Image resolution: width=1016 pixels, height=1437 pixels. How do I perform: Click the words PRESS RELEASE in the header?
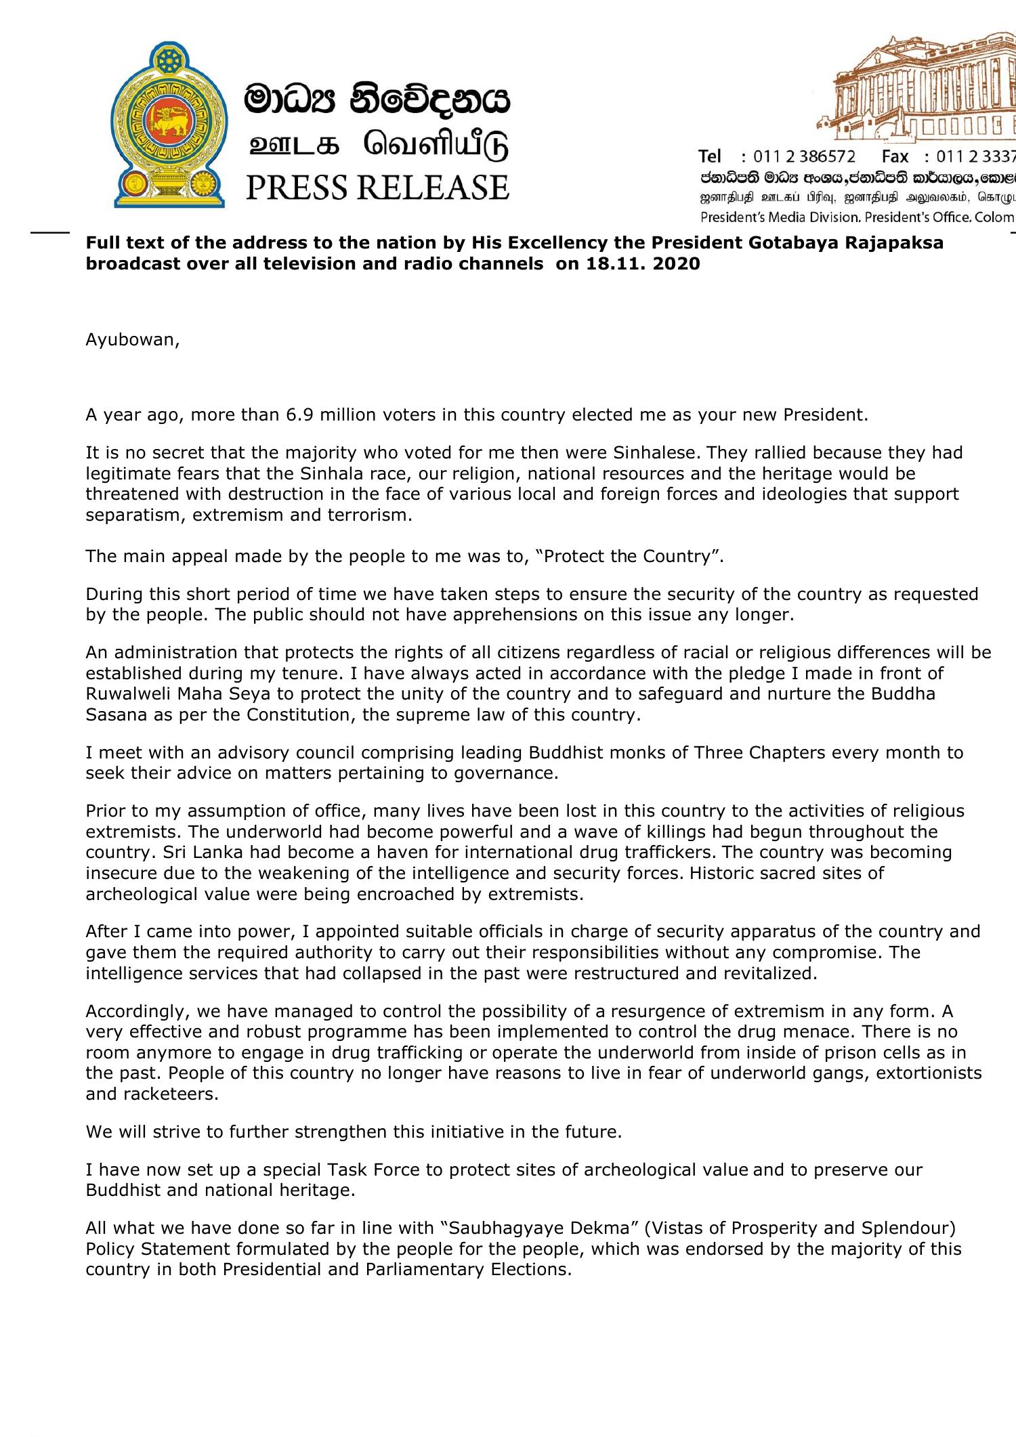point(377,188)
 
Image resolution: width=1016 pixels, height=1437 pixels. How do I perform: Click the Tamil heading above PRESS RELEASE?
point(377,146)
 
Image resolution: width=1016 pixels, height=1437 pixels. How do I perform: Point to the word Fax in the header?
point(895,156)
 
